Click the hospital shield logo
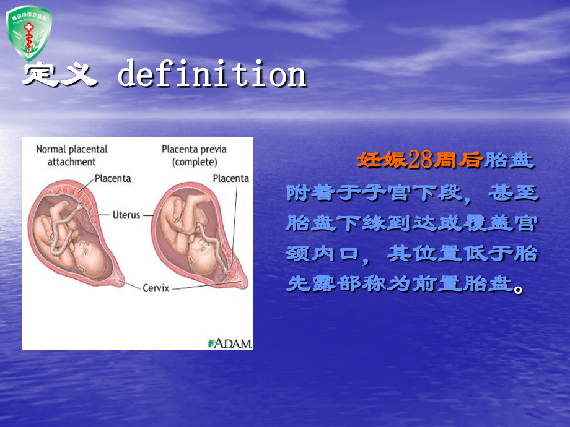[x=28, y=32]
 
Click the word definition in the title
[x=212, y=75]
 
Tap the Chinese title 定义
[x=59, y=75]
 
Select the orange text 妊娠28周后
[x=419, y=160]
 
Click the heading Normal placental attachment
[x=71, y=155]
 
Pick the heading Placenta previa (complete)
[x=194, y=155]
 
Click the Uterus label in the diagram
[x=127, y=215]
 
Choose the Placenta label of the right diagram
[x=230, y=178]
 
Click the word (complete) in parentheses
[x=195, y=162]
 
